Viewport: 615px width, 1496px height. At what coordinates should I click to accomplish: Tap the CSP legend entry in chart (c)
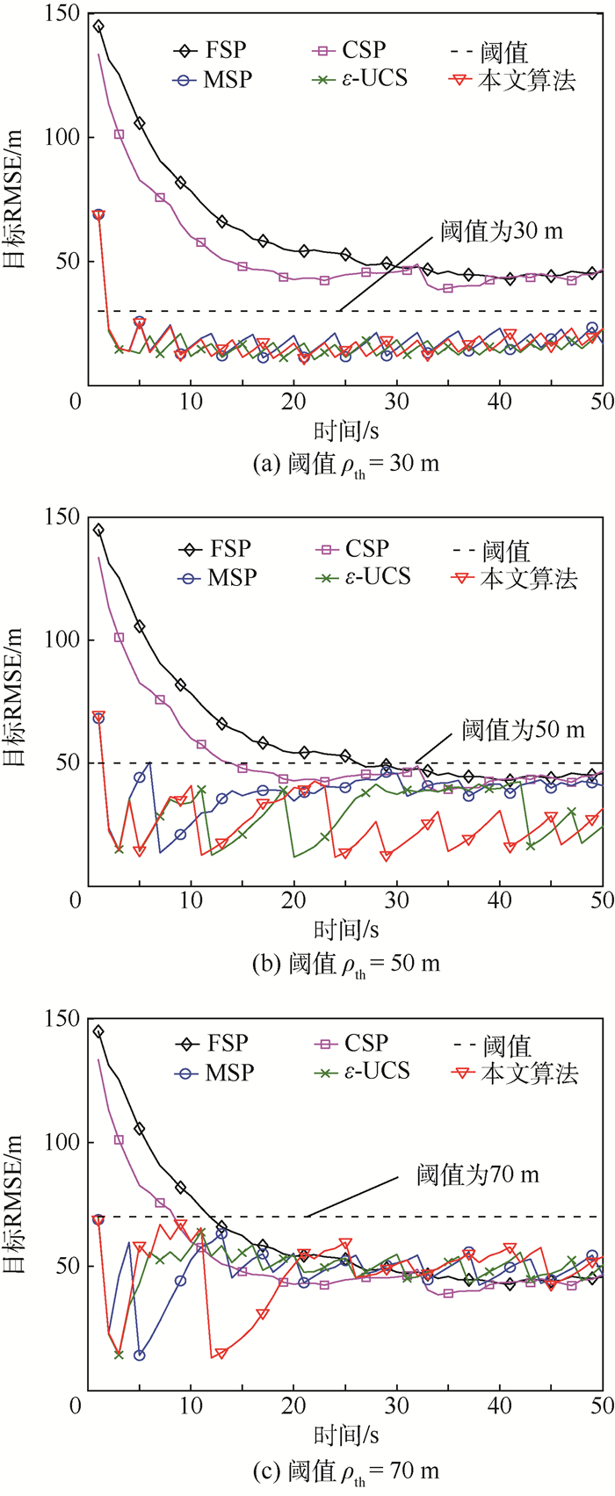[351, 1043]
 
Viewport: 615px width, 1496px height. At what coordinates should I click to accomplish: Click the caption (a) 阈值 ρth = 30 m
[345, 463]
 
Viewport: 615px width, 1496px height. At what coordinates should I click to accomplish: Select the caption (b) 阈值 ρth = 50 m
[345, 964]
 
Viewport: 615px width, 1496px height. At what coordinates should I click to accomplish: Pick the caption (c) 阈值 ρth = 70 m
[345, 1468]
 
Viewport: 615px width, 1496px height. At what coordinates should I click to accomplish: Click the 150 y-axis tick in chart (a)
[61, 15]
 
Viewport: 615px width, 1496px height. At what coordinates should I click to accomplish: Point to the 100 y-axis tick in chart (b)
[61, 640]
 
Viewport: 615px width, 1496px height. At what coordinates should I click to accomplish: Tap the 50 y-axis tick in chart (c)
[67, 1266]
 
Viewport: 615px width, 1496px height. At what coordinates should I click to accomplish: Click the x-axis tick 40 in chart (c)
[500, 1407]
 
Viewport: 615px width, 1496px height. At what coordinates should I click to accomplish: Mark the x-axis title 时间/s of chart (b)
[345, 929]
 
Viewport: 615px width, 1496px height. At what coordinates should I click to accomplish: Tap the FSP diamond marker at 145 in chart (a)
[98, 26]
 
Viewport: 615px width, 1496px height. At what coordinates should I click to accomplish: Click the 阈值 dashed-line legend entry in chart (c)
[493, 1044]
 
